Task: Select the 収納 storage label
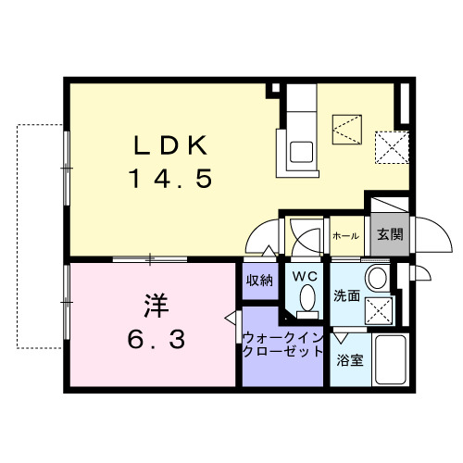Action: pos(259,281)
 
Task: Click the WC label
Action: pos(306,277)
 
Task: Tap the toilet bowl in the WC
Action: pos(307,299)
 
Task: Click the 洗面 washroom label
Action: pos(347,297)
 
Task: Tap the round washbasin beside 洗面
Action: pos(377,279)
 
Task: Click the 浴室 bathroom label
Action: pos(350,358)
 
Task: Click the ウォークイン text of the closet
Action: pos(283,338)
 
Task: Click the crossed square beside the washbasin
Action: pos(377,309)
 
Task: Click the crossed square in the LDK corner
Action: pos(387,144)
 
